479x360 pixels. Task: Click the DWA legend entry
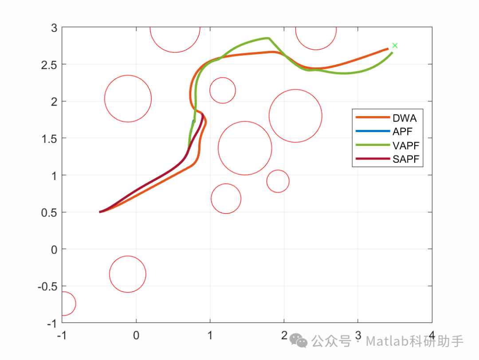[404, 118]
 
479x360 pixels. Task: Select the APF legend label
[402, 132]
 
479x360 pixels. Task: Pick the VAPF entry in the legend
[406, 146]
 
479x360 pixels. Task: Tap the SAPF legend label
[406, 159]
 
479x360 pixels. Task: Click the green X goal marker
[395, 46]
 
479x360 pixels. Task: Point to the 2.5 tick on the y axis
[49, 65]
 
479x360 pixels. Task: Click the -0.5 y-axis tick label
[47, 287]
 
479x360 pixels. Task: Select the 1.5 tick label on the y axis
[49, 139]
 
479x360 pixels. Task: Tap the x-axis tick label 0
[136, 335]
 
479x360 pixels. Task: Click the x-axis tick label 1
[210, 335]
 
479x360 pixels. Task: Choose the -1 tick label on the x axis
[62, 335]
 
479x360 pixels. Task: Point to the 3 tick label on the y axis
[54, 28]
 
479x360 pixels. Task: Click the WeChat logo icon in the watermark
[298, 340]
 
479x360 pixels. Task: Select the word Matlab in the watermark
[387, 341]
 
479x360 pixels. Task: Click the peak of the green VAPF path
[268, 38]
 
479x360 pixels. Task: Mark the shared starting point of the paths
[100, 212]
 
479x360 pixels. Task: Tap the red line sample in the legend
[373, 159]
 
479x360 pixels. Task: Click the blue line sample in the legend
[373, 131]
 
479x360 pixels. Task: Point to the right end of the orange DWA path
[388, 49]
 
